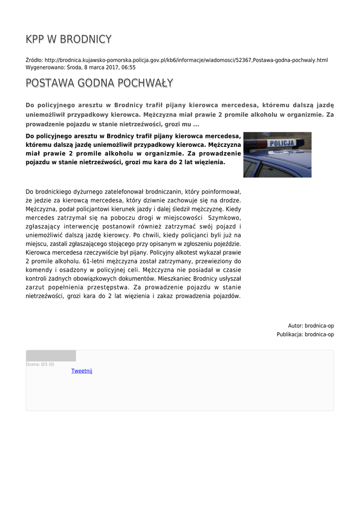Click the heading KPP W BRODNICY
click(x=69, y=39)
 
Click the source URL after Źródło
click(x=186, y=60)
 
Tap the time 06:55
click(x=128, y=67)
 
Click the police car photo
click(x=277, y=155)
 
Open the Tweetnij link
click(x=81, y=371)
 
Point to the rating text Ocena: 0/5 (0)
click(x=40, y=364)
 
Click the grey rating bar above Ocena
click(x=51, y=356)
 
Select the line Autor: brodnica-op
click(x=311, y=325)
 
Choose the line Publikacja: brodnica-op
click(x=305, y=334)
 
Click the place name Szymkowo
click(x=224, y=218)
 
